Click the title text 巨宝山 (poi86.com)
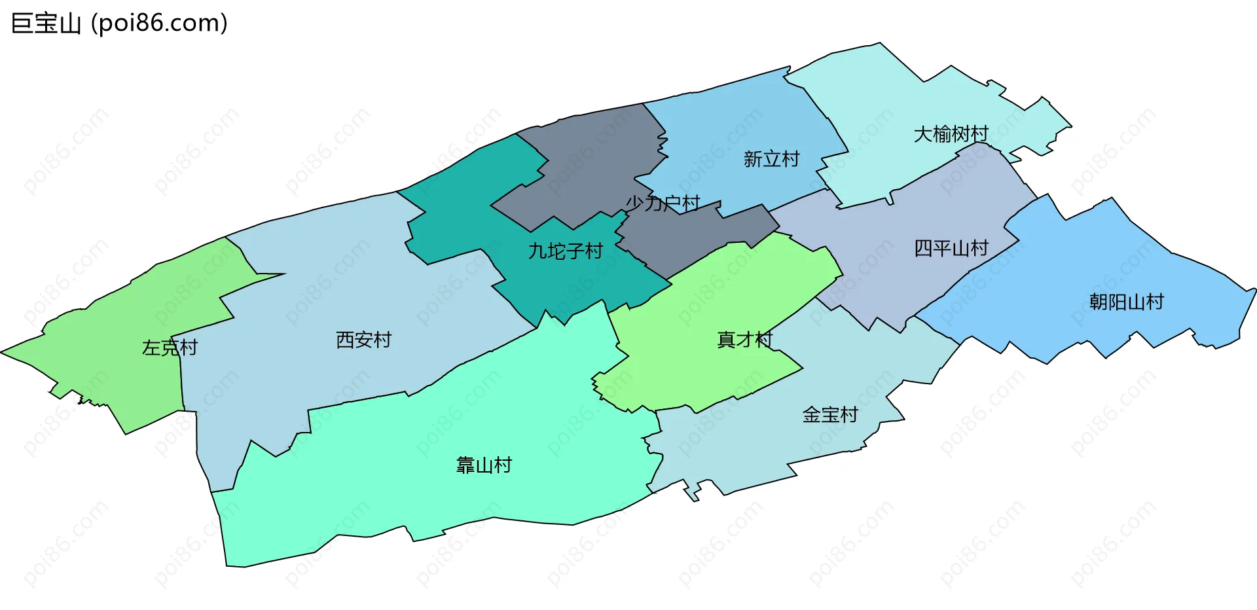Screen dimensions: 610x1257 pyautogui.click(x=119, y=24)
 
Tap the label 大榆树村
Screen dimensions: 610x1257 pyautogui.click(x=951, y=134)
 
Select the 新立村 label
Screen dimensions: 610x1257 pyautogui.click(x=771, y=159)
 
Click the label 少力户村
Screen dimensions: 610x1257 pyautogui.click(x=663, y=204)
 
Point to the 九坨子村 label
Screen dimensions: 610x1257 pyautogui.click(x=565, y=251)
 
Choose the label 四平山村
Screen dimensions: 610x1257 pyautogui.click(x=951, y=249)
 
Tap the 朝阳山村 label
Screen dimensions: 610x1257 pyautogui.click(x=1126, y=302)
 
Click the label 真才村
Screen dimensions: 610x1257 pyautogui.click(x=744, y=340)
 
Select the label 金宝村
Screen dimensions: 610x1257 pyautogui.click(x=829, y=415)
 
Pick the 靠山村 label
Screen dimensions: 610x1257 pyautogui.click(x=484, y=465)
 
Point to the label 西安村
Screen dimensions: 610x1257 pyautogui.click(x=363, y=340)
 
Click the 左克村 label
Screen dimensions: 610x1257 pyautogui.click(x=170, y=348)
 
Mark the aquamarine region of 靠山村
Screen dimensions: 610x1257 pyautogui.click(x=393, y=497)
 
